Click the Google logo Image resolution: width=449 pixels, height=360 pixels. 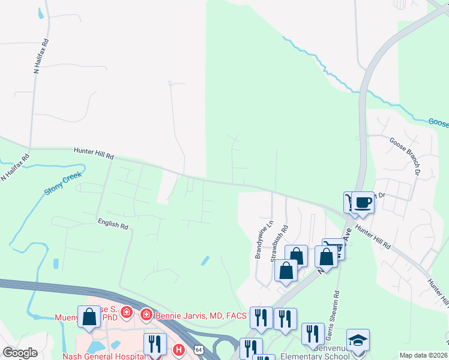coord(20,353)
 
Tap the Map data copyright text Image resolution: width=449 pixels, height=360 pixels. coord(423,355)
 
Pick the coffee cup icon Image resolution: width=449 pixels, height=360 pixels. coord(363,202)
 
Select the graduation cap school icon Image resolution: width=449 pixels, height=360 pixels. coord(358,341)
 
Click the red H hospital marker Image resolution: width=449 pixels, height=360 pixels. coord(178,349)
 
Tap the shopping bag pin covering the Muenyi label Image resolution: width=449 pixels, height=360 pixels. coord(89,317)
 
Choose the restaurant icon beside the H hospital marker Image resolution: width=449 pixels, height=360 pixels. coord(155,344)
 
